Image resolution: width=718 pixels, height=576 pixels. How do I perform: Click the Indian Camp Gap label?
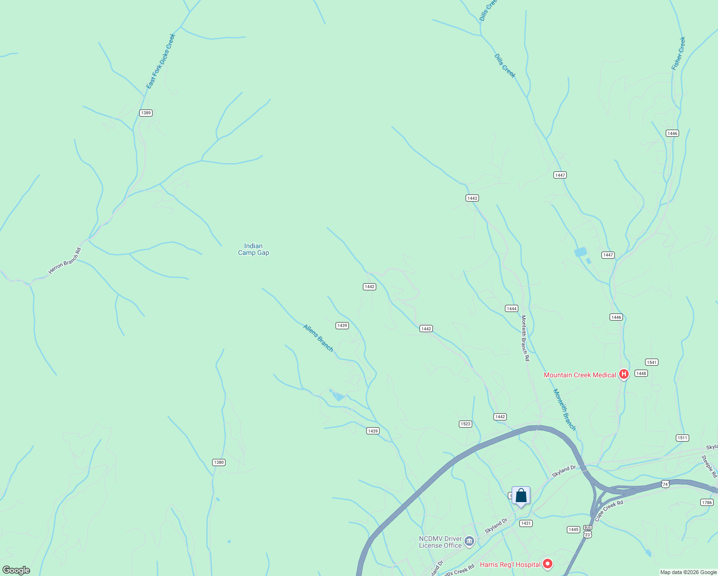click(253, 250)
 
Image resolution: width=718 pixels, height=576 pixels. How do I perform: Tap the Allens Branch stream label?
click(318, 338)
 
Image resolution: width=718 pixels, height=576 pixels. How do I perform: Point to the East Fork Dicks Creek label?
click(161, 61)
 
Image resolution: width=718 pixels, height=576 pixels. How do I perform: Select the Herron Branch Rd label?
click(65, 261)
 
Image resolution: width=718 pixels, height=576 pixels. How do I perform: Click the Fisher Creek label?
click(679, 54)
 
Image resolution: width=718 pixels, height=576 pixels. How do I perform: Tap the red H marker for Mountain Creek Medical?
click(623, 374)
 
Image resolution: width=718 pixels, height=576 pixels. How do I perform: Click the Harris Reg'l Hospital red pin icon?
click(547, 564)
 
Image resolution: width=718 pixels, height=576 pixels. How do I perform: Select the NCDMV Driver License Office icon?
click(469, 542)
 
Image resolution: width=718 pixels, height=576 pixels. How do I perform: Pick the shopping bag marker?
click(521, 496)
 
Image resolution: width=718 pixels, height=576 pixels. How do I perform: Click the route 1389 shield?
click(146, 113)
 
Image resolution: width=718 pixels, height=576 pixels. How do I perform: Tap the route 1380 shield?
click(219, 462)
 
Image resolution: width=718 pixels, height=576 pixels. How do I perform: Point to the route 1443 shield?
click(472, 198)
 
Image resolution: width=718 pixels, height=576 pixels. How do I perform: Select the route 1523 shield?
click(466, 424)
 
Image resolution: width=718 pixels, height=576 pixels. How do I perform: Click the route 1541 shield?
click(651, 362)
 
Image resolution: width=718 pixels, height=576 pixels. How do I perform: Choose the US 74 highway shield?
click(665, 484)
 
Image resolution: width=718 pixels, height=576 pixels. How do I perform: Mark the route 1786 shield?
click(706, 503)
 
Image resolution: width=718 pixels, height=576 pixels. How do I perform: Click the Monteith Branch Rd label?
click(525, 338)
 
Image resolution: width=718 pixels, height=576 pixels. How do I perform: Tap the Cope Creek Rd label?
click(609, 511)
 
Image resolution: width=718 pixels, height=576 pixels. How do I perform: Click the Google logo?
click(16, 570)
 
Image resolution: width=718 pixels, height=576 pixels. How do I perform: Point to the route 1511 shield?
click(682, 438)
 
